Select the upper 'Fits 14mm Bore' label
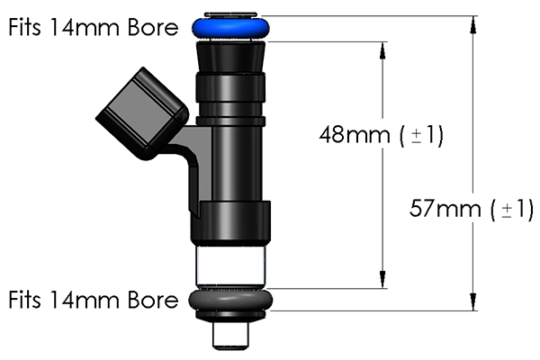93,26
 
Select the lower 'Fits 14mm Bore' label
93,300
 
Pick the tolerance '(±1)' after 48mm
422,136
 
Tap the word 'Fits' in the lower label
27,300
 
